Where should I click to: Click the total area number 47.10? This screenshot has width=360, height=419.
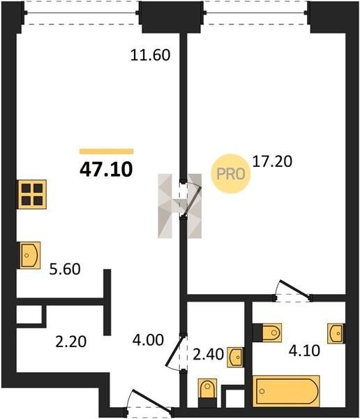106,170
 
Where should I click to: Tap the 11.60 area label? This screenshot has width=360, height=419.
151,55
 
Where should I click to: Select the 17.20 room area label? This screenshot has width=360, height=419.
272,162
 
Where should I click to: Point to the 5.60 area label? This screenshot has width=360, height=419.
65,269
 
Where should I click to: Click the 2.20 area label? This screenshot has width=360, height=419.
70,341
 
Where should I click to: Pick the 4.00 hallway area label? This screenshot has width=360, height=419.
148,340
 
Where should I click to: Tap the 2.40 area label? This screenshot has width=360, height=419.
208,355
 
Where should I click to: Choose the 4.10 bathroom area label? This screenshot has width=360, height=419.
304,351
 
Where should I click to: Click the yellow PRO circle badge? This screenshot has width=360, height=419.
231,174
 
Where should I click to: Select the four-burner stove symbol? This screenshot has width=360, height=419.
32,194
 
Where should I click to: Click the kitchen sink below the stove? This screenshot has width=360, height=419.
29,255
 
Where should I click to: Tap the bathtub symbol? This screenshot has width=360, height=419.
286,391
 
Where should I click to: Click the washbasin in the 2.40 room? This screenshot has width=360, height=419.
235,357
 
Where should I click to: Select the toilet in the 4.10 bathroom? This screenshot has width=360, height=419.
267,332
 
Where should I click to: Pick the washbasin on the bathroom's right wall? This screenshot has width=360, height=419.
336,334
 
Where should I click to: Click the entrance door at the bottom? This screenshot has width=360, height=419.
149,401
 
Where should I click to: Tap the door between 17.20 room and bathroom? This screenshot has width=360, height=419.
293,291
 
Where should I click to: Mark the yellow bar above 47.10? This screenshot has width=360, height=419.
107,152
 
